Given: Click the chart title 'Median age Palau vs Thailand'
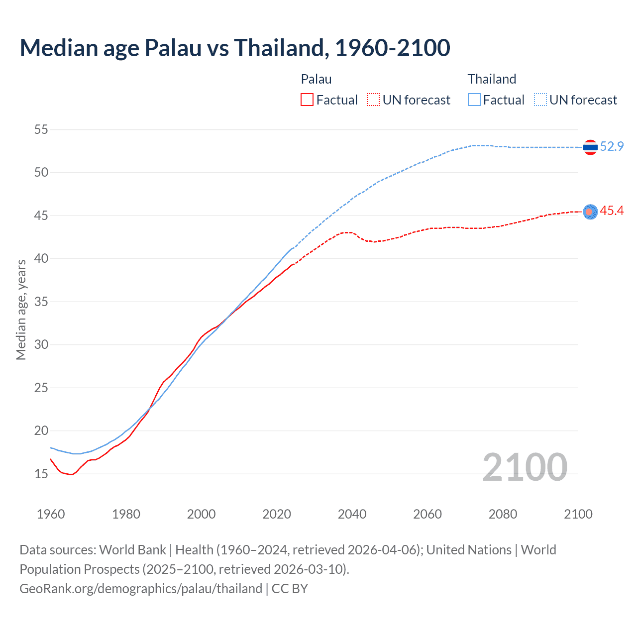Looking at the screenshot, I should pyautogui.click(x=234, y=48).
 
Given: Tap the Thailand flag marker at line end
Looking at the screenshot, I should pyautogui.click(x=590, y=147).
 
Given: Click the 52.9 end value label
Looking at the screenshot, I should pyautogui.click(x=612, y=146).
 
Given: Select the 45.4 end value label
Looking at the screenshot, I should pyautogui.click(x=612, y=211).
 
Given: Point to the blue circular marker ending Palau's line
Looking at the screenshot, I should pyautogui.click(x=590, y=212).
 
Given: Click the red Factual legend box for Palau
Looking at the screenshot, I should pyautogui.click(x=307, y=100).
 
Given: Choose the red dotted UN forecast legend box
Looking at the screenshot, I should pyautogui.click(x=373, y=100).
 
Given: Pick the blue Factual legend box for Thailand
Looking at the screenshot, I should pyautogui.click(x=474, y=100).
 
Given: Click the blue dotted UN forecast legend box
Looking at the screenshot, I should pyautogui.click(x=540, y=100).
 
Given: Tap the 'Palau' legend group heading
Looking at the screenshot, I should pyautogui.click(x=316, y=79).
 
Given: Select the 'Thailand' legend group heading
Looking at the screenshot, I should pyautogui.click(x=492, y=79).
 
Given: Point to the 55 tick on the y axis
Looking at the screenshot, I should pyautogui.click(x=41, y=130).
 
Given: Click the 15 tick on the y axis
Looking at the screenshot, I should pyautogui.click(x=41, y=474).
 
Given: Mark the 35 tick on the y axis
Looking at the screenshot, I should pyautogui.click(x=41, y=302).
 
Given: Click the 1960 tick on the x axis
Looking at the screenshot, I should pyautogui.click(x=51, y=514).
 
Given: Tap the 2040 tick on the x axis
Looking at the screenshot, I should pyautogui.click(x=352, y=514).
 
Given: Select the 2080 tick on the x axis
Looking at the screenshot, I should pyautogui.click(x=503, y=514).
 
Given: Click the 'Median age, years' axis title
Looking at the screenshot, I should pyautogui.click(x=21, y=310).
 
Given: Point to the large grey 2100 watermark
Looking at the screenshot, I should pyautogui.click(x=525, y=467).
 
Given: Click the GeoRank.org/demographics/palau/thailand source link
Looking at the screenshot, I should pyautogui.click(x=141, y=589).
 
